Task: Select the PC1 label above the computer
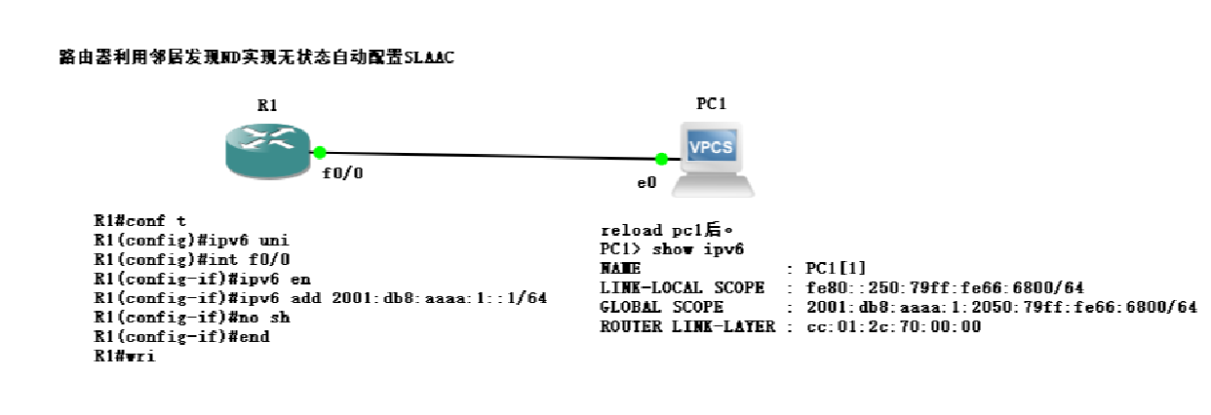[x=712, y=103]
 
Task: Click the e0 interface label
[x=646, y=181]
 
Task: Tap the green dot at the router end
[x=319, y=152]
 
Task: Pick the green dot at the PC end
[x=661, y=159]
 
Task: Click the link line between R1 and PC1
[x=488, y=155]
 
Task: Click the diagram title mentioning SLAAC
[x=256, y=58]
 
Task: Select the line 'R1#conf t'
[x=139, y=220]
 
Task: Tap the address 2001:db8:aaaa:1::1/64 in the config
[x=438, y=297]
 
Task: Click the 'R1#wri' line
[x=124, y=356]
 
